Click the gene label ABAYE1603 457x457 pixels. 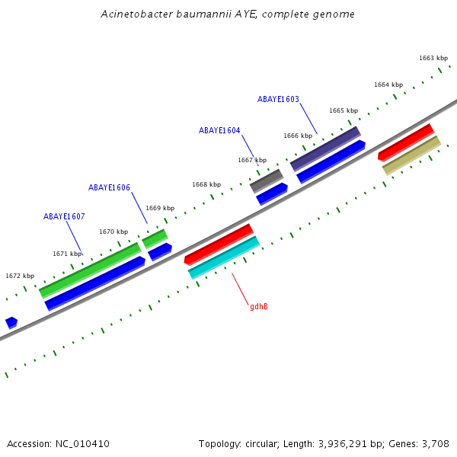(278, 99)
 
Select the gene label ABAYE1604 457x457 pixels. (219, 130)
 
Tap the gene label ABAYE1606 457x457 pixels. (109, 187)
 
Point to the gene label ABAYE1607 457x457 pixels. (64, 216)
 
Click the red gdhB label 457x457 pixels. (259, 306)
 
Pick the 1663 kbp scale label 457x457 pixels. (433, 58)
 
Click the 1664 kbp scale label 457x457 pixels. (388, 85)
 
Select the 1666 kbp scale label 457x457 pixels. (298, 136)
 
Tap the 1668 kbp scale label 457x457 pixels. (206, 184)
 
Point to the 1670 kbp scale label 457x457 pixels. (113, 232)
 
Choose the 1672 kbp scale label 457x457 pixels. (20, 276)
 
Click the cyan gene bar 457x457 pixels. (224, 257)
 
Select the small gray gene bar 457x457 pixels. (267, 181)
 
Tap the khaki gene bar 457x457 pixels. (411, 155)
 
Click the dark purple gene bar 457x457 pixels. (325, 149)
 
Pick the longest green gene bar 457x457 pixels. (90, 270)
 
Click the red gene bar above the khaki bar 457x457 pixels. (406, 142)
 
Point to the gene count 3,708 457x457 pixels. (435, 443)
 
